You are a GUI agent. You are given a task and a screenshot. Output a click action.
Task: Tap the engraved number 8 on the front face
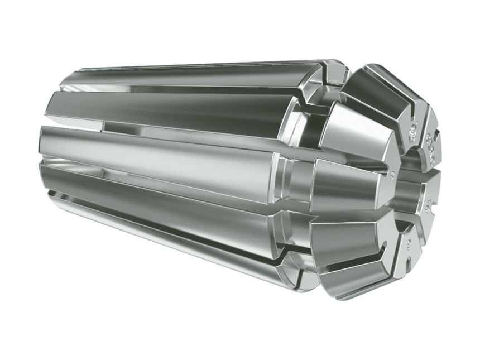[x=410, y=241]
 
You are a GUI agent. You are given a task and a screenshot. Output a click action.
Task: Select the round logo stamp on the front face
[x=414, y=131]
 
